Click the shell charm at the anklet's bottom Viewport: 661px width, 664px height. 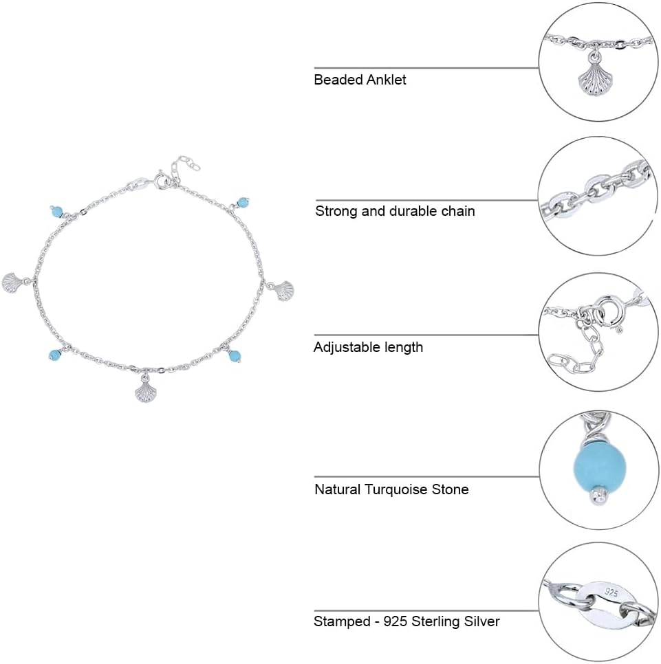143,391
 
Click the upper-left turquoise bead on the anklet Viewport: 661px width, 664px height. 56,211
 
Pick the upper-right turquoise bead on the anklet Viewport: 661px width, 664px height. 242,202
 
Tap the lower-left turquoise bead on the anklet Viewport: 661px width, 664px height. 55,355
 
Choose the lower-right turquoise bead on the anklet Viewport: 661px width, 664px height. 235,356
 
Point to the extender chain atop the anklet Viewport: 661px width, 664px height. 185,167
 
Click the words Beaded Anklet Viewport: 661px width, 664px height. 360,80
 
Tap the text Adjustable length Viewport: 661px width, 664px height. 368,347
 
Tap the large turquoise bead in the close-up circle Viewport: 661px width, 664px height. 600,465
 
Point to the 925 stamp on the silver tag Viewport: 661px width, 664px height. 611,592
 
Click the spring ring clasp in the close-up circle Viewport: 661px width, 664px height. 609,313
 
